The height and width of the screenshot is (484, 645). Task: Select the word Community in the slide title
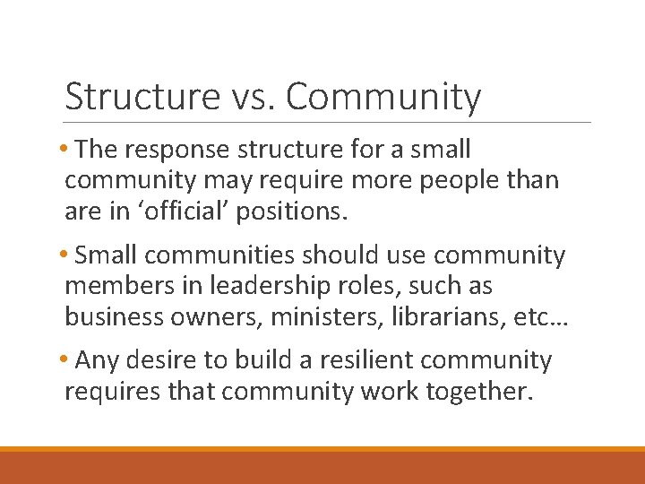(x=383, y=97)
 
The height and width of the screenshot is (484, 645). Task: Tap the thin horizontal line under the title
(x=327, y=122)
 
